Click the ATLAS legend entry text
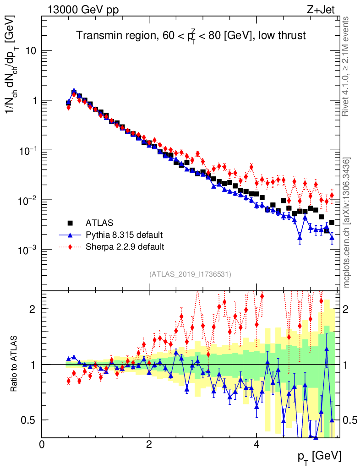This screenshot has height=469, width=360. coord(99,223)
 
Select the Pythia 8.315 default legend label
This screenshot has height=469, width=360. coord(124,235)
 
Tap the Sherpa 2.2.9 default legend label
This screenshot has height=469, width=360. coord(125,247)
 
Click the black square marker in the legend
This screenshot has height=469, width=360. coord(70,223)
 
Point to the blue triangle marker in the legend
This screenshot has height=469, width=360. coord(70,234)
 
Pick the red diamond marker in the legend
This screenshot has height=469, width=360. coord(70,247)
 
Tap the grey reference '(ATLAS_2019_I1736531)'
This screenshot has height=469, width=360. coord(190,274)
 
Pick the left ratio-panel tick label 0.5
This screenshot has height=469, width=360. coord(30,420)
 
